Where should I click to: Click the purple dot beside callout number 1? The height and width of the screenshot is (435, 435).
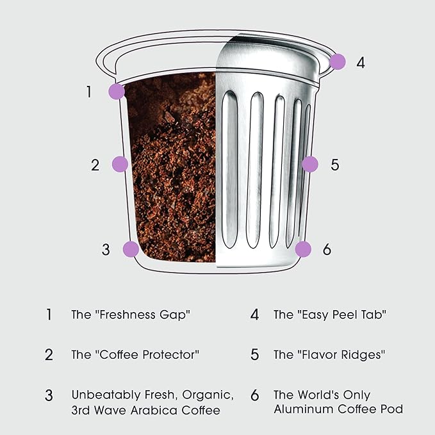coord(116,91)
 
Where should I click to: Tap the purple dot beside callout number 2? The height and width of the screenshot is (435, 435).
coord(120,165)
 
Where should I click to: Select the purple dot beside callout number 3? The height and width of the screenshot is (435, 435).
coord(131,249)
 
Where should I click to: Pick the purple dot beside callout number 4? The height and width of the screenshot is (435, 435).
coord(338,62)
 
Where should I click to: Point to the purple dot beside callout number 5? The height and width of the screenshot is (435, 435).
coord(309,164)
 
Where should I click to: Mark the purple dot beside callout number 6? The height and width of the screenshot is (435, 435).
coord(303,249)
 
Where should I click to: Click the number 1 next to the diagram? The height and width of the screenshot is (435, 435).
coord(89,92)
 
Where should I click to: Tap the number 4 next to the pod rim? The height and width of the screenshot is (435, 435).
coord(361,63)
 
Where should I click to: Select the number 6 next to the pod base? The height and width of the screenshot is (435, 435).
coord(327,250)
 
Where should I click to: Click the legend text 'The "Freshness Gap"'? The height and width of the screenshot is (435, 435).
coord(131,315)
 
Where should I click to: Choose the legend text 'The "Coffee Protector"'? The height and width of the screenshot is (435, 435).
coord(136,354)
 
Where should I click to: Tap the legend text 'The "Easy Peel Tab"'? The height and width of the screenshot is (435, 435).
coord(329,315)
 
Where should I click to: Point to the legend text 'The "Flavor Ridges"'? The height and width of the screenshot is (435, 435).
coord(330,354)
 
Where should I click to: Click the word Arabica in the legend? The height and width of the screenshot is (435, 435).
coord(159,410)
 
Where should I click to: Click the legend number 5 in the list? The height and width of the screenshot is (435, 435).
coord(254,354)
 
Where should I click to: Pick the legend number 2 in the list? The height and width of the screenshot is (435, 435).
coord(49,354)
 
